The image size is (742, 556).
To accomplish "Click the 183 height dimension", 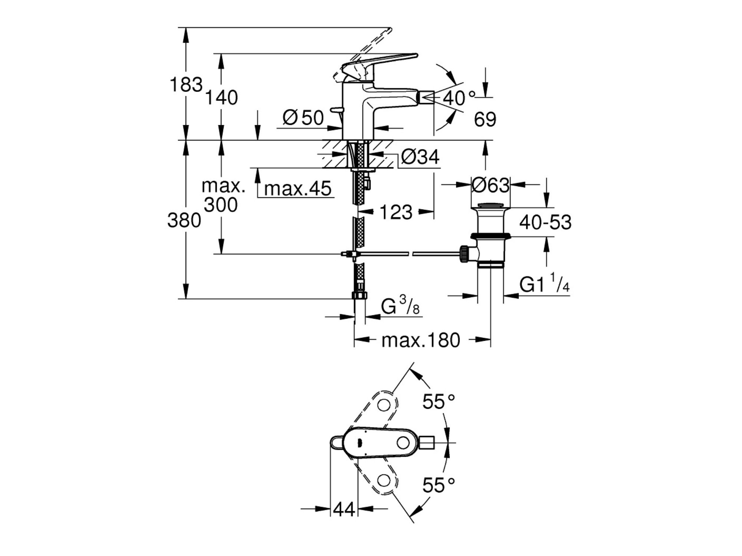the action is click(x=186, y=85).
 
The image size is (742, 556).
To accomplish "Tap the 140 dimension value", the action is click(x=221, y=98).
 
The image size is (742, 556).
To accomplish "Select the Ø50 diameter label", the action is click(x=303, y=118).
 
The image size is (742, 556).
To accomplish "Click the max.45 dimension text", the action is click(x=298, y=188).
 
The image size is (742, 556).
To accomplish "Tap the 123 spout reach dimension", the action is click(x=396, y=212).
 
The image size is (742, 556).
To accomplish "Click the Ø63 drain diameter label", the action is click(x=490, y=185).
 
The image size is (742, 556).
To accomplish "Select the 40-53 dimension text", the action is click(x=545, y=222).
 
